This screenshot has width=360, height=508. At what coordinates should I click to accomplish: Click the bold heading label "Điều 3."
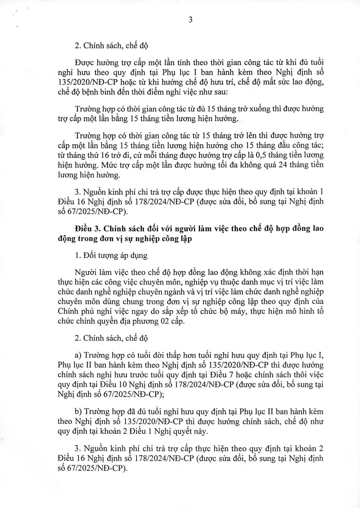88,229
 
